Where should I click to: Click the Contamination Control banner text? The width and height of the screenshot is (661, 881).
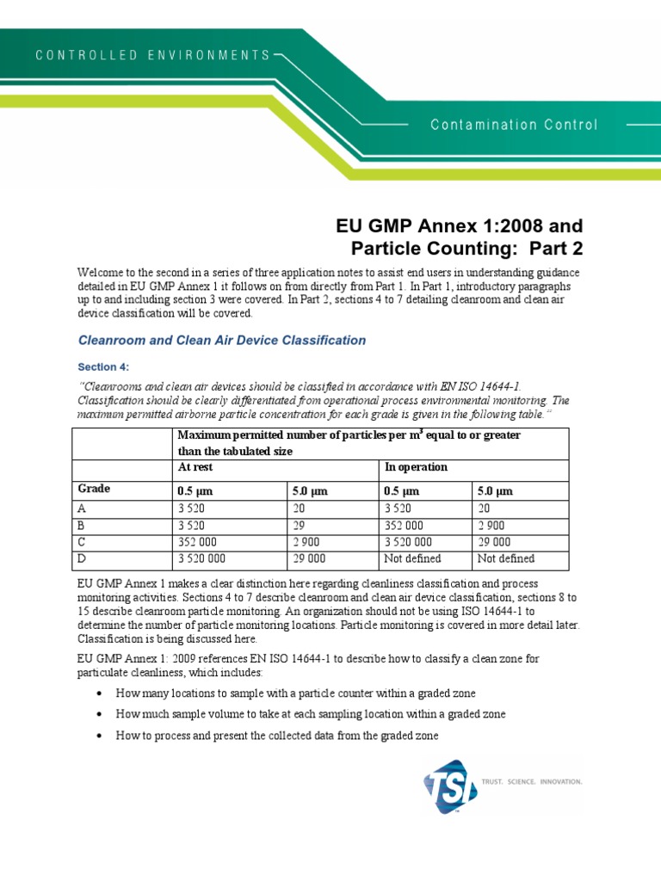click(514, 125)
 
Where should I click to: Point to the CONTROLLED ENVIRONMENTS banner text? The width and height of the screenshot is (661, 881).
click(152, 55)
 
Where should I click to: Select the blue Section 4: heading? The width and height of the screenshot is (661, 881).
click(102, 367)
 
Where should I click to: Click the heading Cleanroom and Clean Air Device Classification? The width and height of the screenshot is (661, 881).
click(222, 340)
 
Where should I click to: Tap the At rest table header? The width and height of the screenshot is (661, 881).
click(195, 466)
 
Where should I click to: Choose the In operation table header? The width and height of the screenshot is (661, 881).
click(416, 466)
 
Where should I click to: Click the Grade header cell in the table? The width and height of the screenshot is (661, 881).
click(95, 489)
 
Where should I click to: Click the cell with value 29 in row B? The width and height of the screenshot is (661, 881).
click(300, 525)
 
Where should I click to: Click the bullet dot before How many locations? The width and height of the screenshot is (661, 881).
click(101, 693)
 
